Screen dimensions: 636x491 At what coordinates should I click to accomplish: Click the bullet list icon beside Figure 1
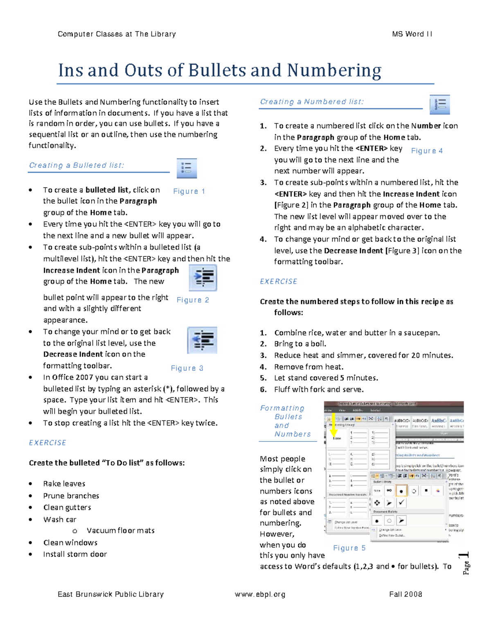pyautogui.click(x=187, y=168)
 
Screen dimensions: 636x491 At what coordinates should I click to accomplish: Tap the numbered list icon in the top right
pyautogui.click(x=440, y=104)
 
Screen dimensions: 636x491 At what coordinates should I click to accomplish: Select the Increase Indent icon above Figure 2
pyautogui.click(x=203, y=278)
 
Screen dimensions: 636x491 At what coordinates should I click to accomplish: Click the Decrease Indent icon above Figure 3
pyautogui.click(x=202, y=340)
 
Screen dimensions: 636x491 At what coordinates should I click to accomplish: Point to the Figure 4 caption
pyautogui.click(x=427, y=151)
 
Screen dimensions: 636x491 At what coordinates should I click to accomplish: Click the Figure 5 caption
pyautogui.click(x=349, y=548)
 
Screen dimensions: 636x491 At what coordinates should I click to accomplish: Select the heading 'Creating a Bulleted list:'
pyautogui.click(x=77, y=165)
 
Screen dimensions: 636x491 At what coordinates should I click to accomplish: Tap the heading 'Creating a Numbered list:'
pyautogui.click(x=311, y=102)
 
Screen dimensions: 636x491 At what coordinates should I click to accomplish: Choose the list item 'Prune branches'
pyautogui.click(x=71, y=496)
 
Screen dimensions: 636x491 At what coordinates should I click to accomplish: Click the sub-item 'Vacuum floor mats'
pyautogui.click(x=120, y=530)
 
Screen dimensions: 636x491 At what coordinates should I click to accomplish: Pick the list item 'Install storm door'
pyautogui.click(x=75, y=554)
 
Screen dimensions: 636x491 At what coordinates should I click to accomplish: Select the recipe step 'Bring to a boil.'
pyautogui.click(x=300, y=344)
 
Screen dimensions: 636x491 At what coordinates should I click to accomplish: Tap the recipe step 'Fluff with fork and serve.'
pyautogui.click(x=319, y=389)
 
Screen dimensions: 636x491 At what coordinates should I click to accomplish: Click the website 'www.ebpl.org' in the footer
pyautogui.click(x=260, y=594)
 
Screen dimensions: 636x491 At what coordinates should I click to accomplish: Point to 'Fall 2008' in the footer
pyautogui.click(x=405, y=594)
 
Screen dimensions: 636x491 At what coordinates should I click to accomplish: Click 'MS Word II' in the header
pyautogui.click(x=412, y=34)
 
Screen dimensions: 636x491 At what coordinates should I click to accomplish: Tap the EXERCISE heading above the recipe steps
pyautogui.click(x=278, y=281)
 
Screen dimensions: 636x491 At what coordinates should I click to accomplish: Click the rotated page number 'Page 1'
pyautogui.click(x=466, y=564)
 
